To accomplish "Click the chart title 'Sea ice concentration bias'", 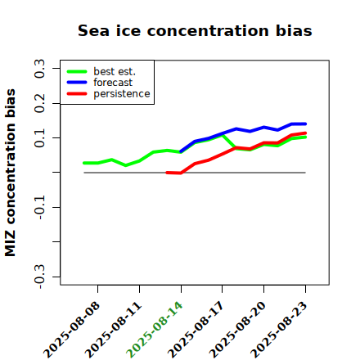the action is pos(195,30).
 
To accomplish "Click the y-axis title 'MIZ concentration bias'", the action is pos(11,173).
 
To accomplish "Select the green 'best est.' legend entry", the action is pos(101,71).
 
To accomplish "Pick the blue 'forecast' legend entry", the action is pos(100,83).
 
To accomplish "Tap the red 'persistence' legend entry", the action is pos(108,94).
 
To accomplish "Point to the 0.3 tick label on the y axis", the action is pos(39,69).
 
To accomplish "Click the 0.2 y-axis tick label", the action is pos(39,103).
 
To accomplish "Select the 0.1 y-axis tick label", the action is pos(39,138).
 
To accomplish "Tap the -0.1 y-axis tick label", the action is pos(39,208).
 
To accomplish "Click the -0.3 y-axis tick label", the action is pos(39,277).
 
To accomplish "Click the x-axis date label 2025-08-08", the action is pos(72,330).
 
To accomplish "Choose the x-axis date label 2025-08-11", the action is pos(114,330).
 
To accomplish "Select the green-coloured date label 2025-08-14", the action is pos(155,330).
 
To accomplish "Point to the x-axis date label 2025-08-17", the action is pos(196,330).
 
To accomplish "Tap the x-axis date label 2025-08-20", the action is pos(238,330).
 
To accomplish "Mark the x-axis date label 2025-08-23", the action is pos(279,330).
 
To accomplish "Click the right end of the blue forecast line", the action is pos(305,124).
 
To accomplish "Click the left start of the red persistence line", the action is pos(167,173).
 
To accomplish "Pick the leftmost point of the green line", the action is pos(84,163).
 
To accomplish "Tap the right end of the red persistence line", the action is pos(305,133).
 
